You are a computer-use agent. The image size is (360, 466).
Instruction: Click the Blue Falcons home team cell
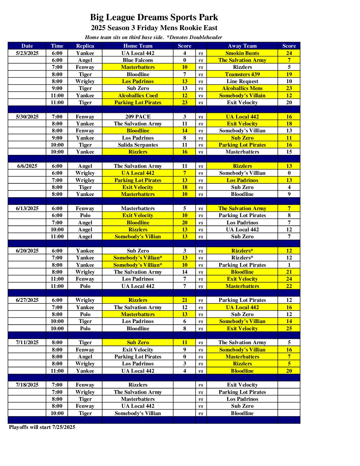click(138, 60)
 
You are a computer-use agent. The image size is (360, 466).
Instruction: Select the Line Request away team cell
click(242, 81)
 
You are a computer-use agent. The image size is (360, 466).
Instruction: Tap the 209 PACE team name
click(138, 117)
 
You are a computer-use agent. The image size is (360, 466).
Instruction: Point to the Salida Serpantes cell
click(138, 145)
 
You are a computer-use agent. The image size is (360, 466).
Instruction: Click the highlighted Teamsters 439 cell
click(242, 74)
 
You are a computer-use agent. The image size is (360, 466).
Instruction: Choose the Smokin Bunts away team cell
click(242, 53)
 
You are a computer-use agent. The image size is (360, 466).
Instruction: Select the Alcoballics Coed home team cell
click(138, 96)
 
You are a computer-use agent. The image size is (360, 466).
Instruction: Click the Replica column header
click(85, 46)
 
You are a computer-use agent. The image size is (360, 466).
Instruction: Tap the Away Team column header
click(242, 46)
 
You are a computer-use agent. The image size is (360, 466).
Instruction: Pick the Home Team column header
click(138, 46)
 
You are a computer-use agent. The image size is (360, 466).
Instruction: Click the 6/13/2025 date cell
click(27, 209)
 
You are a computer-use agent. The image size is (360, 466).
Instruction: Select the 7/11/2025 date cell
click(27, 343)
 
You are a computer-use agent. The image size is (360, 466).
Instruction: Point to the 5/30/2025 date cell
click(27, 117)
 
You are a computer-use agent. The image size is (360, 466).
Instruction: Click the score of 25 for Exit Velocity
click(289, 329)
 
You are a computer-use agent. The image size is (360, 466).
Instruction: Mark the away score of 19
click(289, 74)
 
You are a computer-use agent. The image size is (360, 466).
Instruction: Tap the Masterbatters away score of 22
click(289, 286)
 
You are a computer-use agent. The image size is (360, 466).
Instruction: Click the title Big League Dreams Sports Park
click(154, 17)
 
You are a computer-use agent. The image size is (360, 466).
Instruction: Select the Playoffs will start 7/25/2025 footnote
click(42, 427)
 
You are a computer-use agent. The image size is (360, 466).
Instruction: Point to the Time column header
click(57, 46)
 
